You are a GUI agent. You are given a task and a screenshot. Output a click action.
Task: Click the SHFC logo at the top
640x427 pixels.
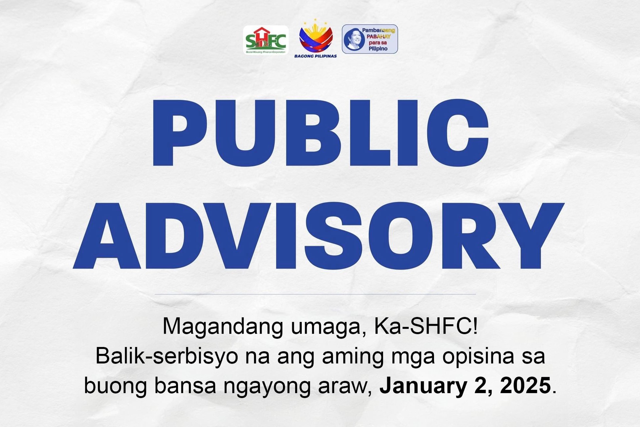coord(266,40)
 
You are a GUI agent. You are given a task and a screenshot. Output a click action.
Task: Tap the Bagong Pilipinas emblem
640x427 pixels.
coord(316,35)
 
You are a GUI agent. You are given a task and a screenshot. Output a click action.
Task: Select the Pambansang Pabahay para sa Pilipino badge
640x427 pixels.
coord(370,39)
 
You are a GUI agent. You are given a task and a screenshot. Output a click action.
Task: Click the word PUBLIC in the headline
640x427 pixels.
coord(320,133)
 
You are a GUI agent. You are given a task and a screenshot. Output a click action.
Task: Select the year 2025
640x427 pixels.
coord(525,385)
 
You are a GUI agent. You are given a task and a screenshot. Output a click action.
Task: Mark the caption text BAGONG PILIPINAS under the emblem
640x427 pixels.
coord(316,56)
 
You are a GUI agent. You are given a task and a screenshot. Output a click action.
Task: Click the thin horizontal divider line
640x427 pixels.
coord(315,294)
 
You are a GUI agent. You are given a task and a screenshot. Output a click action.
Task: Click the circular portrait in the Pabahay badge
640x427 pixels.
coord(354,39)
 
